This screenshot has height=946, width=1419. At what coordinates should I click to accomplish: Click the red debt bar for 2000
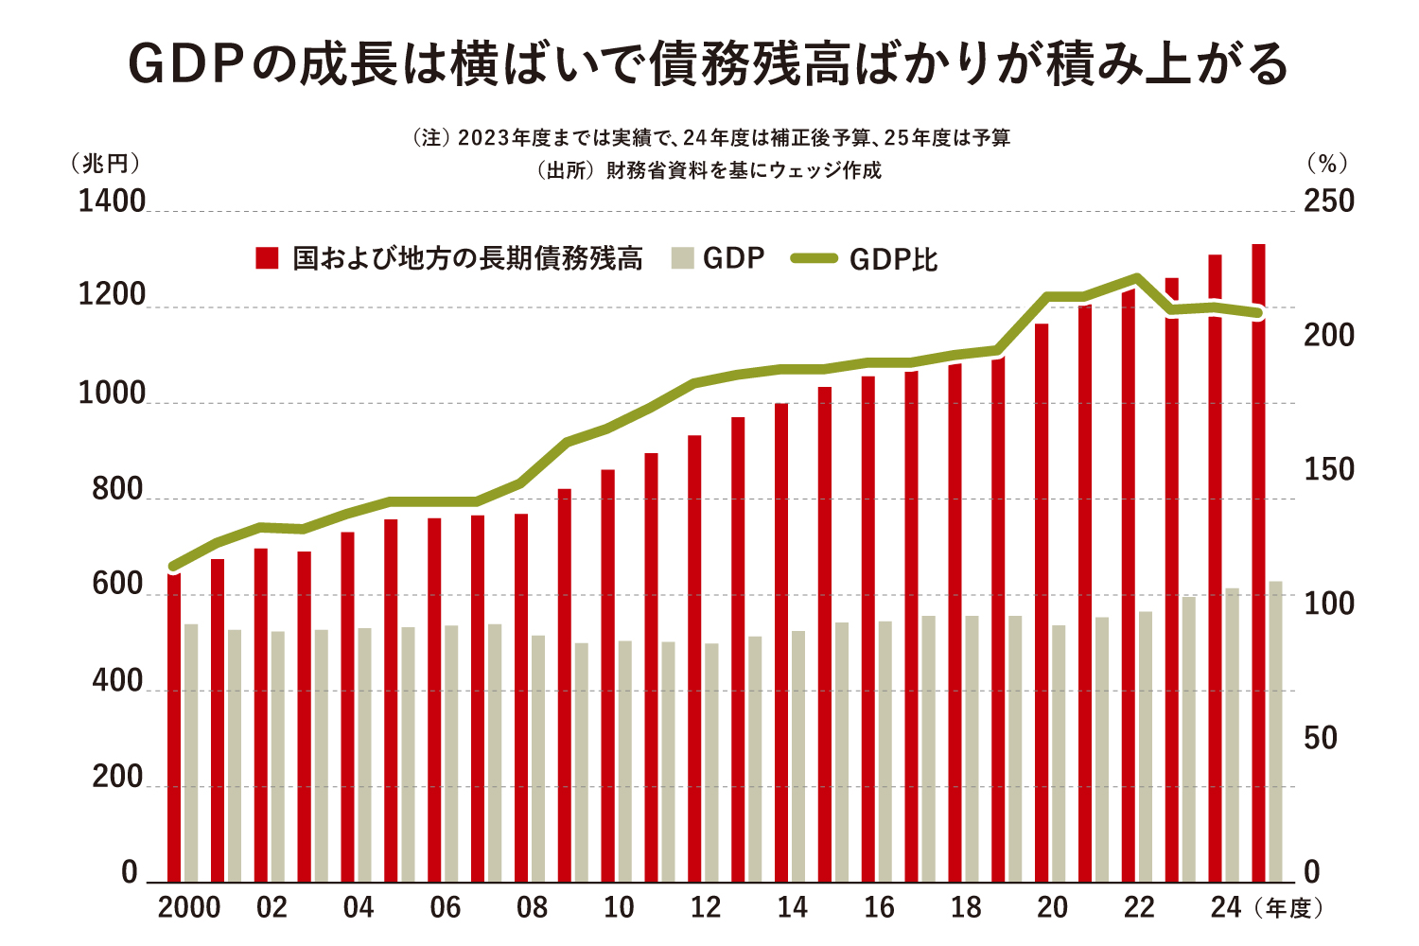click(174, 728)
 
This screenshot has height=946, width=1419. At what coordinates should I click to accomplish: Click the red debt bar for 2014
click(781, 643)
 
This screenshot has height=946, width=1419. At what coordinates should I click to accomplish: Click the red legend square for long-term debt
click(267, 258)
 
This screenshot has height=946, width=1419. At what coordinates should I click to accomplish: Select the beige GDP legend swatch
click(683, 258)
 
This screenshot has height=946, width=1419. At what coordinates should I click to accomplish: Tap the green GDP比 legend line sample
click(815, 258)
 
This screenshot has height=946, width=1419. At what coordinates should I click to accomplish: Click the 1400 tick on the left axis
click(112, 201)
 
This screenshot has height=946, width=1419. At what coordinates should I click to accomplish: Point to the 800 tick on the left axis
click(117, 490)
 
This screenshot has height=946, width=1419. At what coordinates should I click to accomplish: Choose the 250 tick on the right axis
click(1329, 201)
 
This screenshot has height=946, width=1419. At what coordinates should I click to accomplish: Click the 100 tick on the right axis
click(1329, 604)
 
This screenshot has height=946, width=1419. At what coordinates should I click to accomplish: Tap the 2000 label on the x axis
click(189, 908)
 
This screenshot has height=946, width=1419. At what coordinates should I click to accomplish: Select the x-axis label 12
click(706, 908)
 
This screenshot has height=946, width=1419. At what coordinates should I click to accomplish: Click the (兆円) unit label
click(105, 164)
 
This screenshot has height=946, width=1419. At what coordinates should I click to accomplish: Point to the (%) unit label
click(1327, 164)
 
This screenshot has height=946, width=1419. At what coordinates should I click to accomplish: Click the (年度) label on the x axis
click(1288, 909)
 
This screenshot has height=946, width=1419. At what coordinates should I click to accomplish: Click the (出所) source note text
click(709, 170)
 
